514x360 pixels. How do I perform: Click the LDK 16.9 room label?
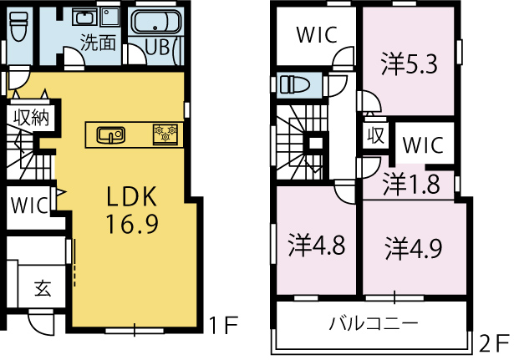click(x=132, y=210)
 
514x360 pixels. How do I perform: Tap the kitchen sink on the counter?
click(x=111, y=135)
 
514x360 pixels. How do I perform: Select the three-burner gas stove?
click(x=165, y=134)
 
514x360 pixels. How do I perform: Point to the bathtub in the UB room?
click(x=156, y=22)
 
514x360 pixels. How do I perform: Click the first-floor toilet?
click(x=18, y=25)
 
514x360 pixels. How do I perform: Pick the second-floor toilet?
click(x=295, y=85)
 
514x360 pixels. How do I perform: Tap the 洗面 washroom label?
click(x=98, y=43)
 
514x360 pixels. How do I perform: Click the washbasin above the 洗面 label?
click(x=85, y=17)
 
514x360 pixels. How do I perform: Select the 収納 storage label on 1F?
click(x=32, y=117)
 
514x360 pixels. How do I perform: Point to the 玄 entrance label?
click(x=43, y=288)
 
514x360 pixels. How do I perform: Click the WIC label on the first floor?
click(x=29, y=205)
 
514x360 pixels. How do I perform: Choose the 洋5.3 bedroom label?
click(x=409, y=64)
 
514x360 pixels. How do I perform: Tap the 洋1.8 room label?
click(x=411, y=184)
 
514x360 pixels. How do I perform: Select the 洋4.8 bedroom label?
click(x=317, y=245)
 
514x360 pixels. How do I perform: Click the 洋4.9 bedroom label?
click(x=414, y=247)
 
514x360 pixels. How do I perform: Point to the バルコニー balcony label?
click(x=374, y=323)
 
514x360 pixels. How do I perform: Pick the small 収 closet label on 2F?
click(x=375, y=135)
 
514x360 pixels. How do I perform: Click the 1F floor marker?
click(x=223, y=324)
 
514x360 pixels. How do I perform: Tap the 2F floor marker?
click(x=494, y=342)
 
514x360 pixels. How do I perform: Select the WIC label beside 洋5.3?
click(x=317, y=35)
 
